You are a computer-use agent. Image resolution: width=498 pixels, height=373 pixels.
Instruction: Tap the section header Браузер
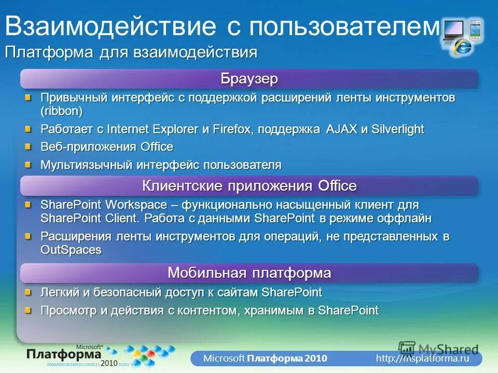coord(249,79)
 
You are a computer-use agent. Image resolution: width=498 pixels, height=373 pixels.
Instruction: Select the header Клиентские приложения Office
coord(249,185)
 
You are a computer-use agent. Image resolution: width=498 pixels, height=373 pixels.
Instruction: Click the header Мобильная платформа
coord(249,272)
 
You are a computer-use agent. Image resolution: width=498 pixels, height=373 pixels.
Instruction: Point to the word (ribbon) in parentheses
coord(62,110)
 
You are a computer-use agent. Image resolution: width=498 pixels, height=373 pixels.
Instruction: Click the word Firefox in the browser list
coord(231,129)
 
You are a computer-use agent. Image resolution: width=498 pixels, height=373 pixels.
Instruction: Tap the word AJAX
coord(341,129)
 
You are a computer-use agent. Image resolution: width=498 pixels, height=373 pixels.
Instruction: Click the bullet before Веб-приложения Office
coord(29,147)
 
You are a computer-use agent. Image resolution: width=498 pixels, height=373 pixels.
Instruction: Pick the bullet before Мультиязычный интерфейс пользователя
coord(29,165)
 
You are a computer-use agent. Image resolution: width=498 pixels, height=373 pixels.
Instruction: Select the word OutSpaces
coord(71,250)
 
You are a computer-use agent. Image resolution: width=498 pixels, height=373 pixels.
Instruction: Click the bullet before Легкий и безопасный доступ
coord(29,292)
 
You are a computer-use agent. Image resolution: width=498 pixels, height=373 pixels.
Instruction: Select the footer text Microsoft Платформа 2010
coord(265,358)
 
